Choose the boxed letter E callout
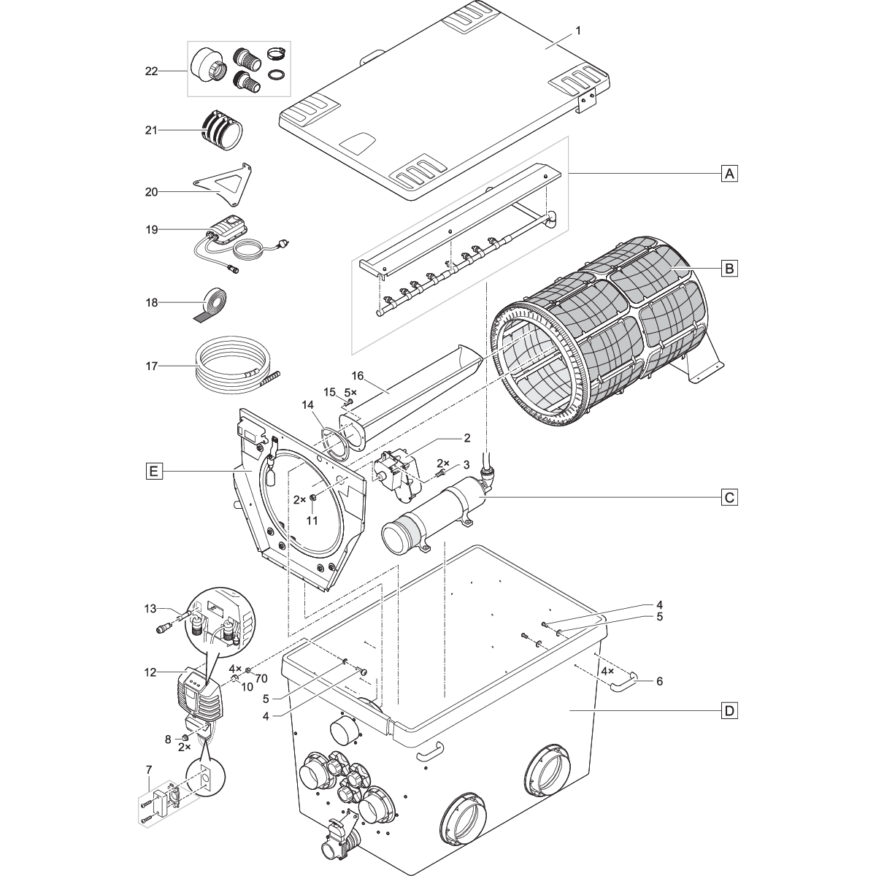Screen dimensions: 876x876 (x=153, y=472)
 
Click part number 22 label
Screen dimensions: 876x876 (x=152, y=70)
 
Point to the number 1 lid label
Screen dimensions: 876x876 (x=578, y=31)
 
